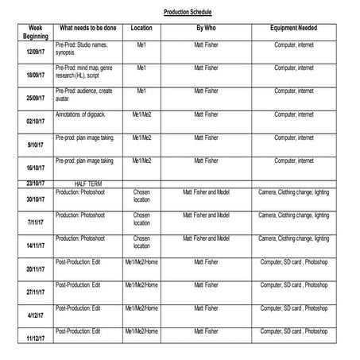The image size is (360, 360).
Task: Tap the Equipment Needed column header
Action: pos(294,28)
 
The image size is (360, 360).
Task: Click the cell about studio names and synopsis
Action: pos(86,49)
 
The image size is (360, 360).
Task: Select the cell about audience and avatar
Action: pos(85,95)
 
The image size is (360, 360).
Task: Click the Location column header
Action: pos(141,28)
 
